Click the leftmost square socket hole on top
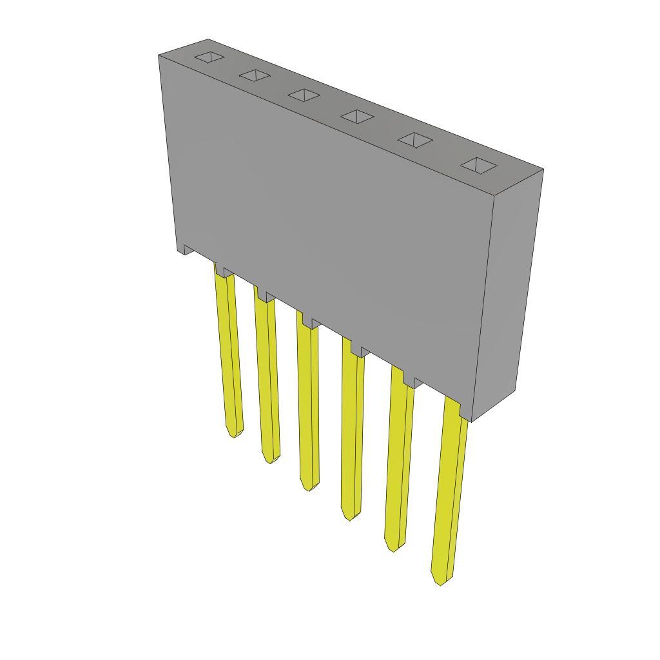(209, 57)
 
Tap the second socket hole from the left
(255, 75)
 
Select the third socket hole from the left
(304, 95)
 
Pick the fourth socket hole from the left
(357, 116)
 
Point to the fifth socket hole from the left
(414, 140)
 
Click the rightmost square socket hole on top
(478, 166)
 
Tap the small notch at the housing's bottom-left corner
(186, 249)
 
